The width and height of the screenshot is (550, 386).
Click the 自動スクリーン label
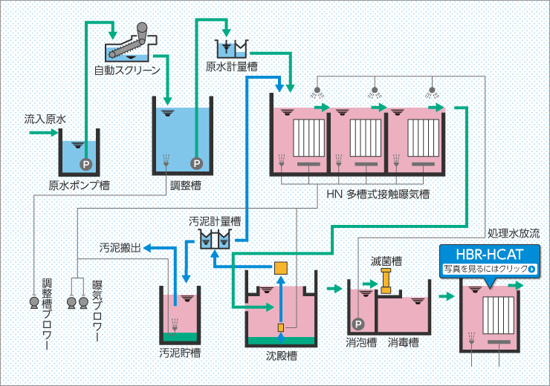(x=126, y=71)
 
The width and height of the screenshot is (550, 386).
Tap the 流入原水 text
(x=45, y=119)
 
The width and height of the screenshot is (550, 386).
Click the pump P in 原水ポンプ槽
(x=85, y=163)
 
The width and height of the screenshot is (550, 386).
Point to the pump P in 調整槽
(x=196, y=163)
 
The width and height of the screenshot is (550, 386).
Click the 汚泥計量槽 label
(x=215, y=221)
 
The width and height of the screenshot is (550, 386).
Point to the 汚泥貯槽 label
(x=180, y=352)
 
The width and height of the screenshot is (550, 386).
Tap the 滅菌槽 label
(x=386, y=261)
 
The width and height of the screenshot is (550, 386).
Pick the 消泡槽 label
(x=361, y=342)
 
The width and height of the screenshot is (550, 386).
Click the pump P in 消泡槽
(x=358, y=324)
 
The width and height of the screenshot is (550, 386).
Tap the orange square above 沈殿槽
(x=281, y=267)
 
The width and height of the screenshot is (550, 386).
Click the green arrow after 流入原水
(x=42, y=133)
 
